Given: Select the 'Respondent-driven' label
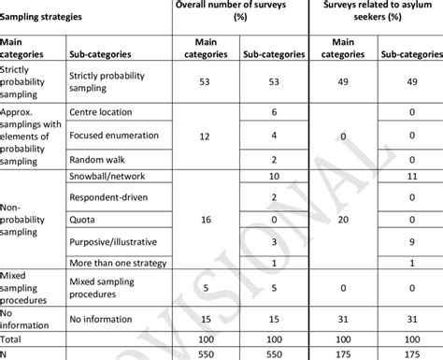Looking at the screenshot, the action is tap(113, 198).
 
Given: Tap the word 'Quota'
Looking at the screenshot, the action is tap(85, 220).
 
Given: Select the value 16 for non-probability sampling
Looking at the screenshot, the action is tap(206, 220).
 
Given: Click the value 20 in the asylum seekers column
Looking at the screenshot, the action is tap(343, 220).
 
